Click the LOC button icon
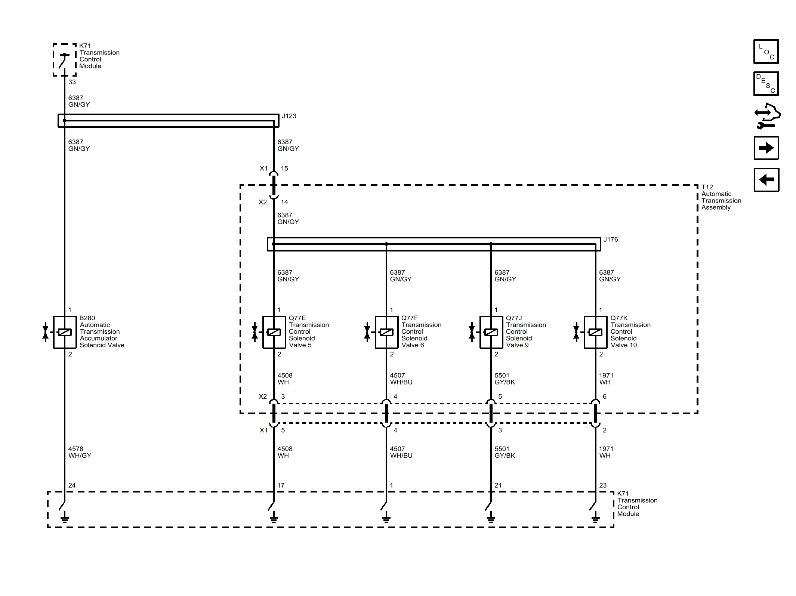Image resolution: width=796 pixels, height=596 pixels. (x=766, y=52)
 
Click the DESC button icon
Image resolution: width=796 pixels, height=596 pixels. (x=766, y=84)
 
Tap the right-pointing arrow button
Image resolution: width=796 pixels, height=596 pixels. (x=766, y=148)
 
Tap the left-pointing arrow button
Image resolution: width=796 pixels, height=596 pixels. (x=766, y=180)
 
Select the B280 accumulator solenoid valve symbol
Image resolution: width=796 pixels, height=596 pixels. (x=65, y=332)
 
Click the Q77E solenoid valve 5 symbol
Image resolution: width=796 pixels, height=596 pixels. (x=274, y=332)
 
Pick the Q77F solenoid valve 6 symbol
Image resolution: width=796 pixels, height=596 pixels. (x=386, y=332)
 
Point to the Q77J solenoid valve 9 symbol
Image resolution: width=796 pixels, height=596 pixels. (x=491, y=332)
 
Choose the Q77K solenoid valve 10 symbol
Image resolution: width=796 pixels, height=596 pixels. (x=596, y=332)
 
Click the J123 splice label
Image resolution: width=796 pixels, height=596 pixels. (x=289, y=116)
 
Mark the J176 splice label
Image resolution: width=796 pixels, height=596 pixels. (x=611, y=240)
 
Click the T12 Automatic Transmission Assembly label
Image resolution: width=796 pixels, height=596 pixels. (x=721, y=197)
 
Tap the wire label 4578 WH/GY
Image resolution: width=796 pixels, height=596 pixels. (x=80, y=452)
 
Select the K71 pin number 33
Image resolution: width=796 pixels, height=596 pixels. (x=72, y=82)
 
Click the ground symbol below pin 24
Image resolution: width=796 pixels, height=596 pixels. (x=65, y=519)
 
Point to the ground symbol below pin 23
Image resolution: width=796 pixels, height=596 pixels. (x=596, y=519)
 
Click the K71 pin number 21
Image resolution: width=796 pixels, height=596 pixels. (x=498, y=485)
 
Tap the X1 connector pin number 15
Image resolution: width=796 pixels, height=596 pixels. (x=284, y=169)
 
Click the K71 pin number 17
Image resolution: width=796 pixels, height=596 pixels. (x=281, y=485)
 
